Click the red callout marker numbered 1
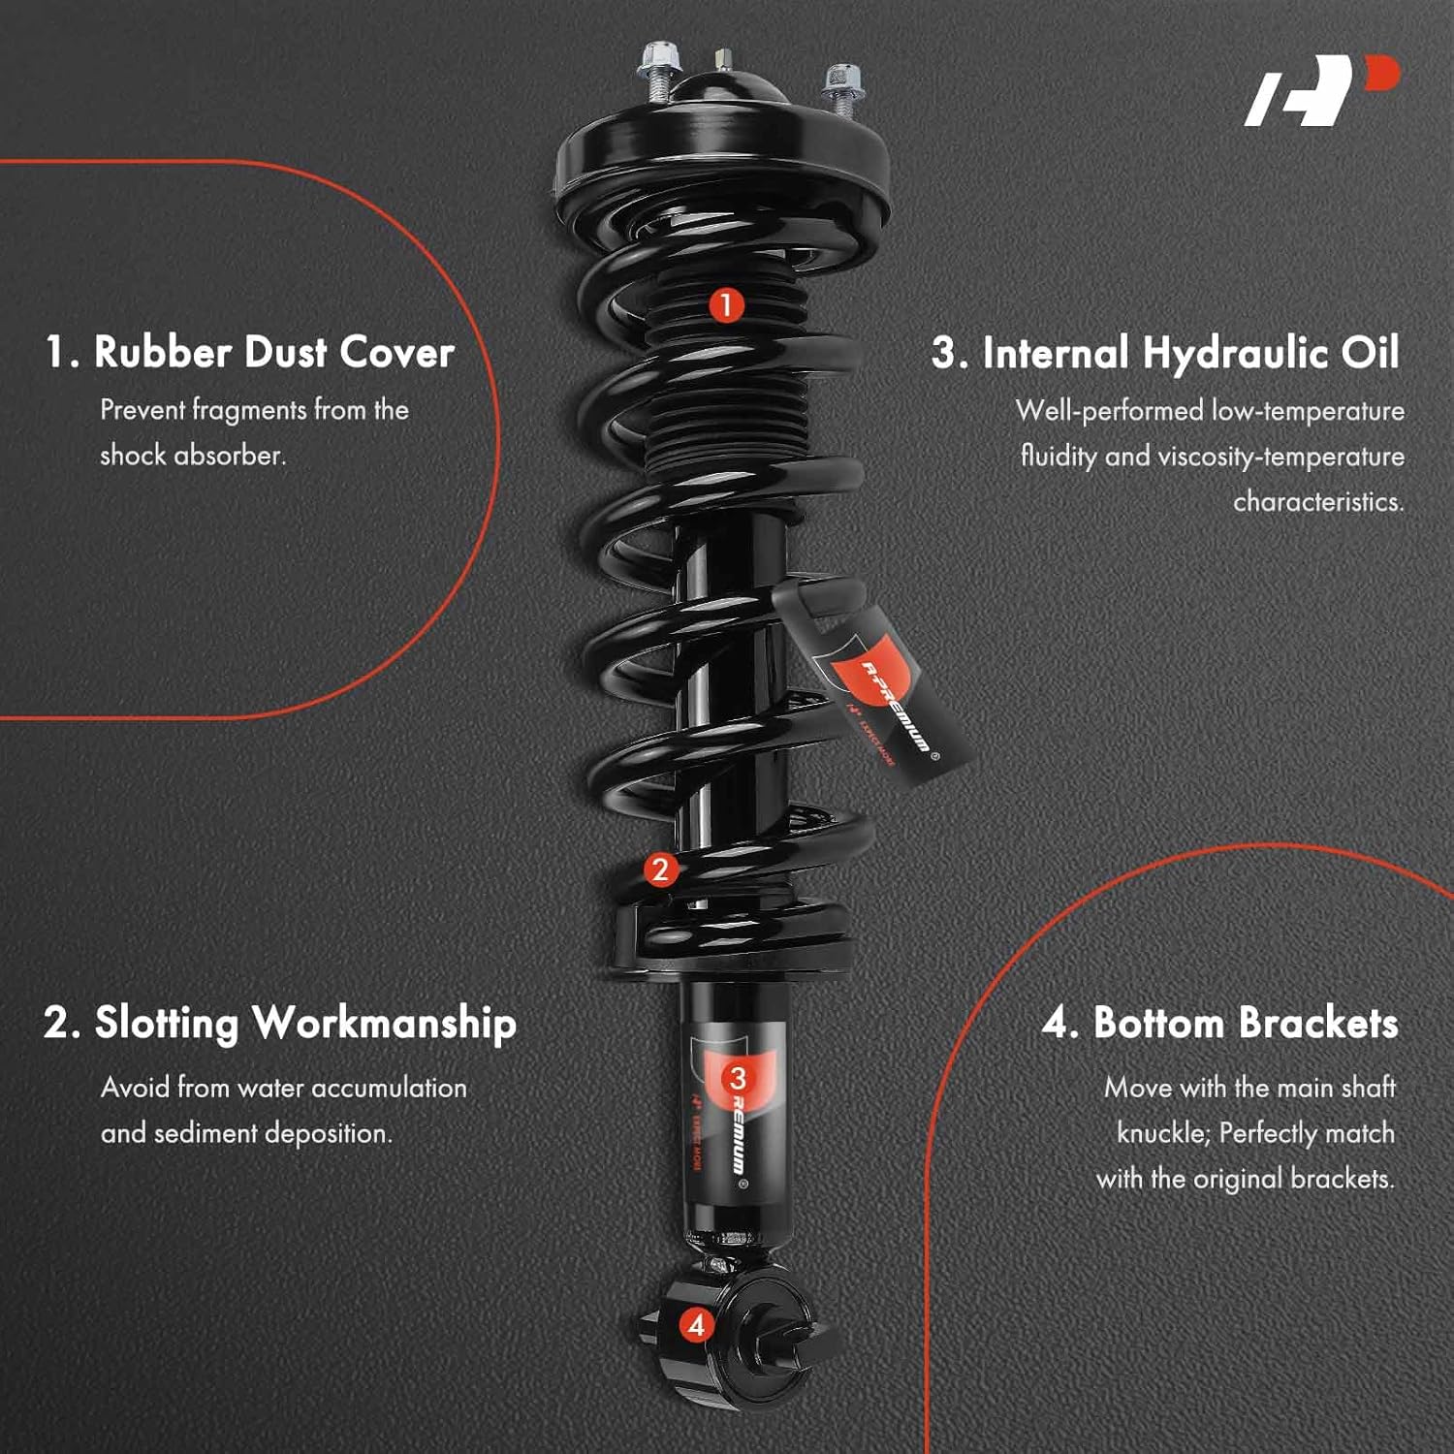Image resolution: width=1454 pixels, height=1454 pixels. (x=725, y=305)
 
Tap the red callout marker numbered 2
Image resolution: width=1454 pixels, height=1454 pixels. (x=660, y=869)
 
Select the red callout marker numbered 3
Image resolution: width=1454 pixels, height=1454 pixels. (x=737, y=1078)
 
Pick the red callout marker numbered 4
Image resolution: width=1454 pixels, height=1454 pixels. (x=696, y=1325)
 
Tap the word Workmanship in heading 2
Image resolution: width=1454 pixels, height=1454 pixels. (x=384, y=1024)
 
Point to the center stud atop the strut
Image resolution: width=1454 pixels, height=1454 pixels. (x=724, y=61)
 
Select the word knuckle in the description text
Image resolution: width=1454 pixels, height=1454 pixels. (x=1161, y=1133)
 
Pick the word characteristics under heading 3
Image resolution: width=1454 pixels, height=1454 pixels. (x=1317, y=502)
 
